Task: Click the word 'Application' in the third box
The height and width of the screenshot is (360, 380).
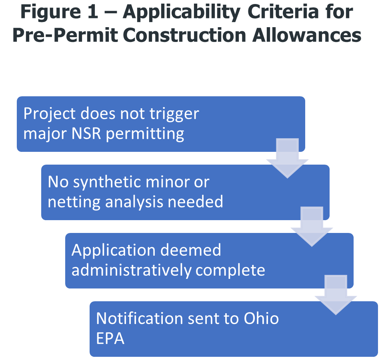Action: point(114,251)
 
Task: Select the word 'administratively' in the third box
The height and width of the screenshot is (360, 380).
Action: point(131,270)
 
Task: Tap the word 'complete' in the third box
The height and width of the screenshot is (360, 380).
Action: point(230,271)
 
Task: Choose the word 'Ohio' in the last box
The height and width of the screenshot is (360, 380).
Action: point(262,319)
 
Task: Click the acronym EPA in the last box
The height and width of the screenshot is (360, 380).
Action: point(110,338)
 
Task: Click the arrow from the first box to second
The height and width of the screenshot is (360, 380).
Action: point(287,158)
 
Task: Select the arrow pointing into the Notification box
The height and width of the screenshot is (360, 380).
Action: point(336,295)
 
